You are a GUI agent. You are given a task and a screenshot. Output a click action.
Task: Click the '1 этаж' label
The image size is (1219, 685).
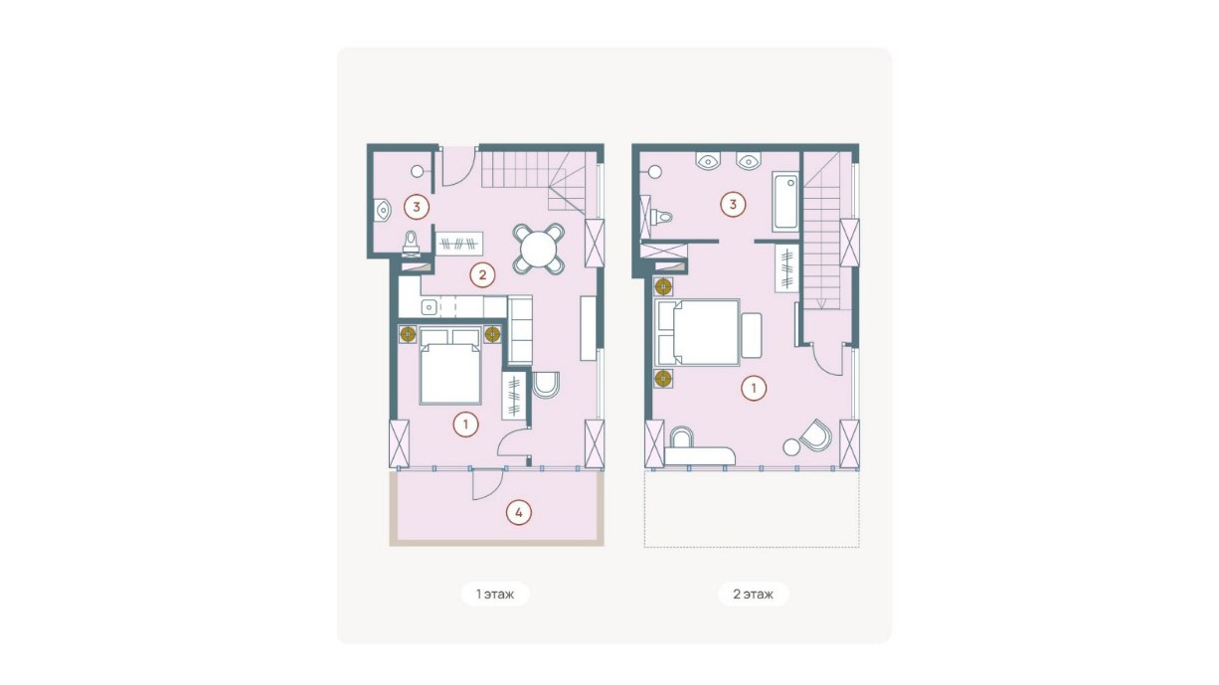pyautogui.click(x=495, y=594)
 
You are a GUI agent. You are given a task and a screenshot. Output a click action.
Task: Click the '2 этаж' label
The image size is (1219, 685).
pyautogui.click(x=753, y=594)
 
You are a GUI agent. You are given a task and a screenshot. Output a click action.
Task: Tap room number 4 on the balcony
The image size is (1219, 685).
pyautogui.click(x=519, y=512)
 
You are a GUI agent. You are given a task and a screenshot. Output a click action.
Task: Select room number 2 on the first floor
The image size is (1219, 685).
pyautogui.click(x=482, y=275)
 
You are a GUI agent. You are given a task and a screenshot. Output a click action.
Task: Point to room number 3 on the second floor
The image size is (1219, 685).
pyautogui.click(x=733, y=205)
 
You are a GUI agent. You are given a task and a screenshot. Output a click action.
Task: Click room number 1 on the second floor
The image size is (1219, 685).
pyautogui.click(x=754, y=389)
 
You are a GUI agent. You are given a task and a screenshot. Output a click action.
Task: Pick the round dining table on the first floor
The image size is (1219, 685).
pyautogui.click(x=538, y=249)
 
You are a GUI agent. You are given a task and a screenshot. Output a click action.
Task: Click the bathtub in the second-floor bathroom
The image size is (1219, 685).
pyautogui.click(x=785, y=202)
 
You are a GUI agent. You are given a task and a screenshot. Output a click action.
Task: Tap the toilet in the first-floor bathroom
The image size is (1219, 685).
pyautogui.click(x=411, y=243)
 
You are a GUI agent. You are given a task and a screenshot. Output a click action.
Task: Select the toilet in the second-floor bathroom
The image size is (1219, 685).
pyautogui.click(x=660, y=218)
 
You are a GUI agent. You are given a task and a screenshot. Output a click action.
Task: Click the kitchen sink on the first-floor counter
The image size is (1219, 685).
pyautogui.click(x=430, y=307)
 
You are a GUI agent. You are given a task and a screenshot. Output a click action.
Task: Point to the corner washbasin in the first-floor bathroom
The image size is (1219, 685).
pyautogui.click(x=382, y=210)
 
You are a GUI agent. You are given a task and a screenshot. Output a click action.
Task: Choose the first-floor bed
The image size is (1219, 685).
pyautogui.click(x=450, y=366)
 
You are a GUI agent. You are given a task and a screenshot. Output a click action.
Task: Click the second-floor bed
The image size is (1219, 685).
pyautogui.click(x=698, y=332)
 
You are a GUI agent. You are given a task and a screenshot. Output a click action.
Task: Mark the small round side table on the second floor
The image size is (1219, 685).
pyautogui.click(x=791, y=447)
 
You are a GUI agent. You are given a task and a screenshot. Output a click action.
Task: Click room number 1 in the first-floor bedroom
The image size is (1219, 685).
pyautogui.click(x=466, y=425)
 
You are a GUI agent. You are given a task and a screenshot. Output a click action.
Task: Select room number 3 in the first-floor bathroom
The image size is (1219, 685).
pyautogui.click(x=417, y=207)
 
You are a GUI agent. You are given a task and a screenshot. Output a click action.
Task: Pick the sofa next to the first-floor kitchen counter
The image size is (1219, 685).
pyautogui.click(x=520, y=330)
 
